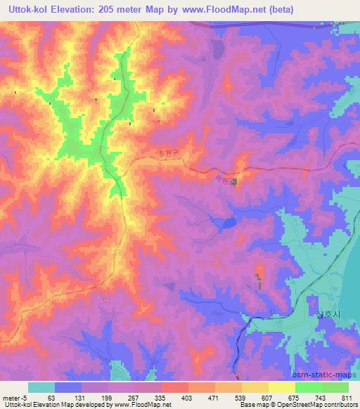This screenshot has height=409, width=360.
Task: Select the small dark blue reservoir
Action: point(226,223)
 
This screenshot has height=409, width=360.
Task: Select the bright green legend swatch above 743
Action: point(308,387)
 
